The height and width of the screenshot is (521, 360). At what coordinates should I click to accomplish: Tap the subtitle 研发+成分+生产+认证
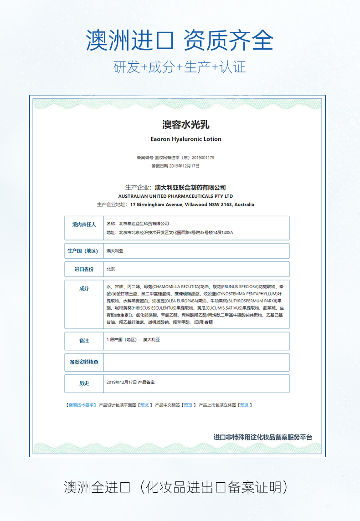point(180,67)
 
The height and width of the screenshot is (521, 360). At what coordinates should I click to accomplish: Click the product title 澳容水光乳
point(180,124)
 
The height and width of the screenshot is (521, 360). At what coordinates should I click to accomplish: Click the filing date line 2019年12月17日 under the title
point(175,166)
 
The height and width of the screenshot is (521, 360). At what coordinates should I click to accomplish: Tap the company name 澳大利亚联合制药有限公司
point(190,188)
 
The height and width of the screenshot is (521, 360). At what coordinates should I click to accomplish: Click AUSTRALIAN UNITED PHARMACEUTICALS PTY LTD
point(175,196)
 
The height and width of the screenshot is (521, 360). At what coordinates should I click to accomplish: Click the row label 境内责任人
point(84,225)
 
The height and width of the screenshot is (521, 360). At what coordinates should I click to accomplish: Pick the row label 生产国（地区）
point(84,251)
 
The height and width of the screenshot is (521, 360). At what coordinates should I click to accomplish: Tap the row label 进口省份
point(84,269)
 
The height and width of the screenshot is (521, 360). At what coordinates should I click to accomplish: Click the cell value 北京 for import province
point(111,269)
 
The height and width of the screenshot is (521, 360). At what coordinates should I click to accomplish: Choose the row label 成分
point(84,289)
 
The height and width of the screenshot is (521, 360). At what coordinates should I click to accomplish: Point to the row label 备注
point(84,341)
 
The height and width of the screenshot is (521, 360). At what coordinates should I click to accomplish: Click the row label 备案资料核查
point(84,362)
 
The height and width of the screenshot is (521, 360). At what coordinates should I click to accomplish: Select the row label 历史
point(84,383)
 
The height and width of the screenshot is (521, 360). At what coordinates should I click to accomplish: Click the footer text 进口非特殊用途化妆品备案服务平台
point(263,437)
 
